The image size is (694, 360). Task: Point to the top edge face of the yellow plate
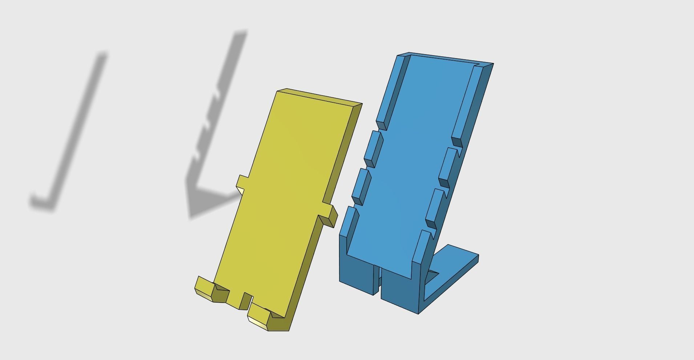(320, 97)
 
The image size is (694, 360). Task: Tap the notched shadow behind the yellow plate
(214, 127)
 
